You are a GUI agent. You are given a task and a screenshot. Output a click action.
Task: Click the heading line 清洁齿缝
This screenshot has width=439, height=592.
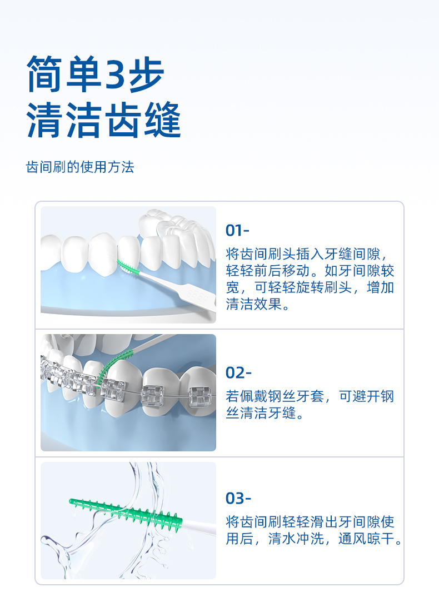point(104,121)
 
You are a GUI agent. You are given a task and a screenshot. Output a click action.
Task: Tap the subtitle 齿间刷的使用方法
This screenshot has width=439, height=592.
point(80,167)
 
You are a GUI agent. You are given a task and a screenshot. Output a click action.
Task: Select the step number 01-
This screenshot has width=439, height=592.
point(238,230)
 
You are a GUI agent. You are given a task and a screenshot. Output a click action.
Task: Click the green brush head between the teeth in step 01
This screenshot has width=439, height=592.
point(129,266)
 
